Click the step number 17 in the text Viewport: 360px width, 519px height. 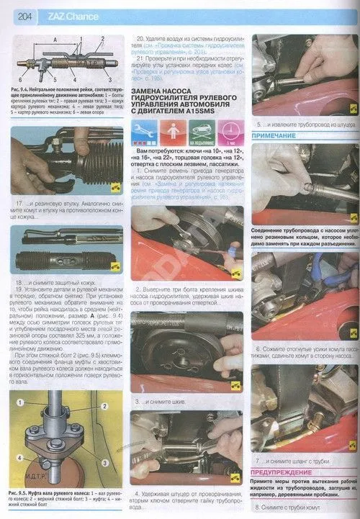click(x=24, y=204)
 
